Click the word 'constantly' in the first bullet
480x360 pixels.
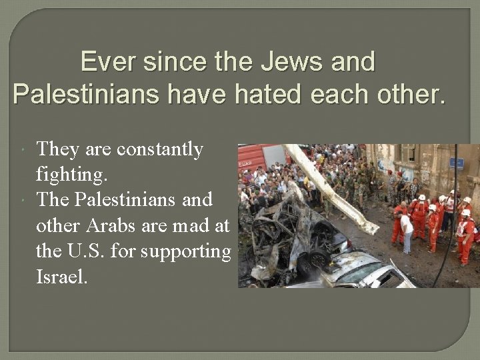tap(159, 149)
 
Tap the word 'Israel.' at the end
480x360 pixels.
tap(61, 277)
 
